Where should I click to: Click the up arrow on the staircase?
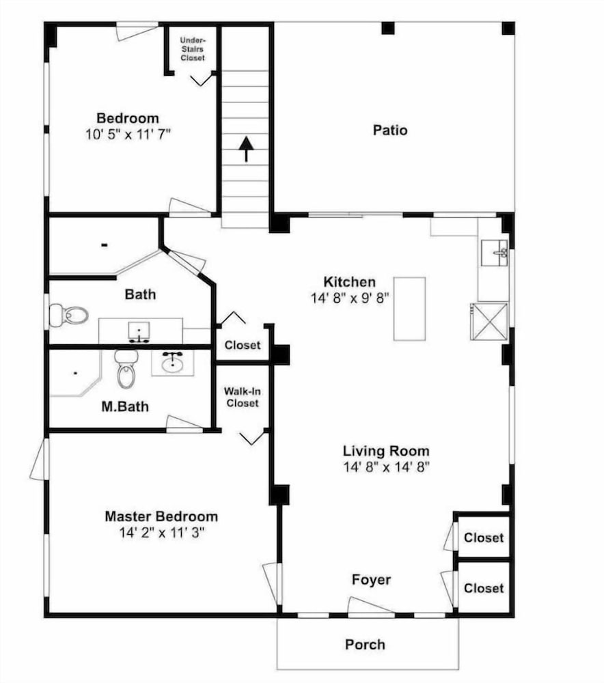pyautogui.click(x=246, y=150)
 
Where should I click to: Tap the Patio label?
pyautogui.click(x=390, y=130)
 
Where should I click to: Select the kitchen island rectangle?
pyautogui.click(x=409, y=309)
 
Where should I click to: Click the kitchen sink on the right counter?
pyautogui.click(x=495, y=253)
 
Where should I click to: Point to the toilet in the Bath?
pyautogui.click(x=69, y=314)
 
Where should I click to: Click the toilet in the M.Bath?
pyautogui.click(x=126, y=370)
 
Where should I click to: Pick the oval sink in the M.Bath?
pyautogui.click(x=172, y=363)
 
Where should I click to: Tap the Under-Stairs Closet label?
pyautogui.click(x=192, y=48)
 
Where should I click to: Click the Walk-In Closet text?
pyautogui.click(x=243, y=398)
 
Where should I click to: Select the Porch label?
pyautogui.click(x=365, y=645)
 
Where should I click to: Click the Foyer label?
pyautogui.click(x=371, y=580)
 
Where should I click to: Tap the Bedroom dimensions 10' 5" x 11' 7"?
pyautogui.click(x=128, y=135)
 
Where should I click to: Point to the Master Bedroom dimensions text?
pyautogui.click(x=162, y=532)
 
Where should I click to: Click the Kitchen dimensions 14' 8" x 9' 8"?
pyautogui.click(x=350, y=298)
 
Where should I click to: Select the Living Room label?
pyautogui.click(x=386, y=451)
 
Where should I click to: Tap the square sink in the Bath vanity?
pyautogui.click(x=139, y=332)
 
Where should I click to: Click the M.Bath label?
pyautogui.click(x=125, y=406)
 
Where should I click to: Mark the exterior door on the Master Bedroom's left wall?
pyautogui.click(x=40, y=459)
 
